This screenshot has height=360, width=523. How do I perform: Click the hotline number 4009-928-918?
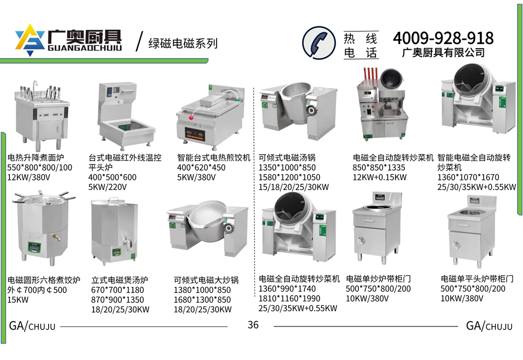443,38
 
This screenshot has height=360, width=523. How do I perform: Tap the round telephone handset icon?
319,43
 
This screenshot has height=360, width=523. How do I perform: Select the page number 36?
253,324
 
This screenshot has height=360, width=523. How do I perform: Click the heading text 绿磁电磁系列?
183,43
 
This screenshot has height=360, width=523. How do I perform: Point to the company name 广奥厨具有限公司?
444,52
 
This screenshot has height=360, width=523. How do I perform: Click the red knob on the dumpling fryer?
191,117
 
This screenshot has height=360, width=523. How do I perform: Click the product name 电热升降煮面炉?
36,157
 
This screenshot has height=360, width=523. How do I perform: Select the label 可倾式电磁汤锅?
287,157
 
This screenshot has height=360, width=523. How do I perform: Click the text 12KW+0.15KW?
380,177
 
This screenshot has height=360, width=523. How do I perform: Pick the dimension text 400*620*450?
201,167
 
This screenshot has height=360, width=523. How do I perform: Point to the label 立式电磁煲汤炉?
120,280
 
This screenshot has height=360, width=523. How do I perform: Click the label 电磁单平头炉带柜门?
477,278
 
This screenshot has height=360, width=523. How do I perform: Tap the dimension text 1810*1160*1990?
289,298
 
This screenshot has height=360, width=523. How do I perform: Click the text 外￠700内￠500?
37,289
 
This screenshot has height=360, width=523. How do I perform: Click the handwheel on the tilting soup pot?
312,110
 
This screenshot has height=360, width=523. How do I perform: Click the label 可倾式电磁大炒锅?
206,280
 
